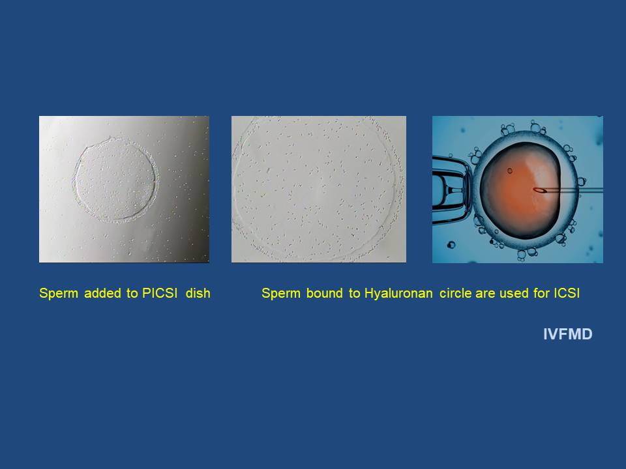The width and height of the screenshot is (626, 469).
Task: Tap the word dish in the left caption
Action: [x=198, y=293]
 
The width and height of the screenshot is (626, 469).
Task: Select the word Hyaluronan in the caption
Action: [x=398, y=294]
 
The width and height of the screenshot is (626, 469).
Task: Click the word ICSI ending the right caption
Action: [x=567, y=293]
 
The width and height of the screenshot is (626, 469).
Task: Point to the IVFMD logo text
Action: [x=568, y=334]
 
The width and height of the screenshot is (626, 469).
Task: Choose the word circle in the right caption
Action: [x=456, y=293]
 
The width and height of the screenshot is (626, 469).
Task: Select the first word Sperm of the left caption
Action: [x=59, y=294]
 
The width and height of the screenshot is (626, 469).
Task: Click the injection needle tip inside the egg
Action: [x=535, y=190]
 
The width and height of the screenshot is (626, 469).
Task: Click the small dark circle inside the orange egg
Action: [x=510, y=171]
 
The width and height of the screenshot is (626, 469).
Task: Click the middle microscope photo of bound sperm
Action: [x=319, y=189]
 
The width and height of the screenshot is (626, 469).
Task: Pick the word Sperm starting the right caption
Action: [x=281, y=294]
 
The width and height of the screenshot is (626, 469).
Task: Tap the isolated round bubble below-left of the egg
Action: [x=451, y=244]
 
